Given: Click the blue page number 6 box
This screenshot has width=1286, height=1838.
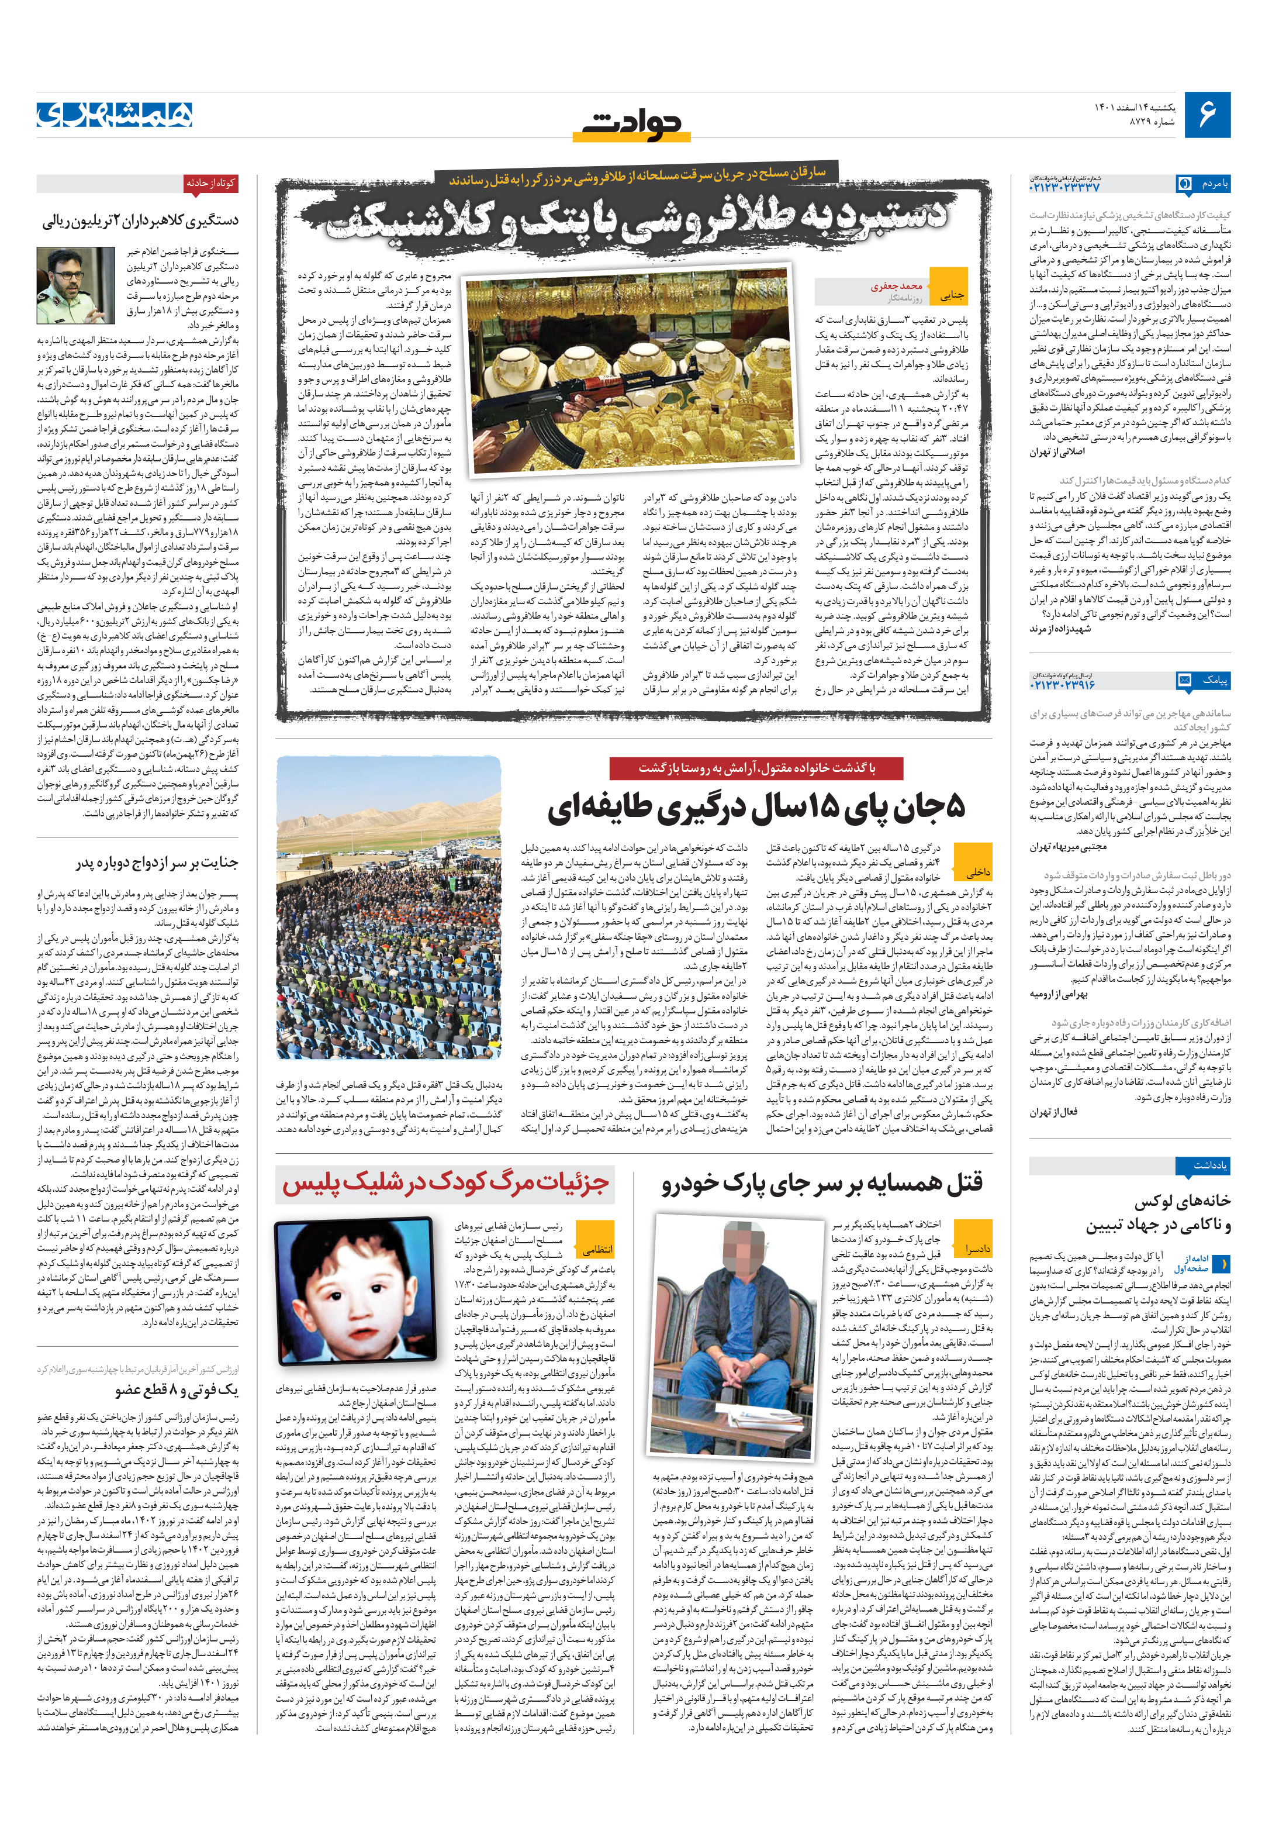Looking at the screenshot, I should pyautogui.click(x=1207, y=115).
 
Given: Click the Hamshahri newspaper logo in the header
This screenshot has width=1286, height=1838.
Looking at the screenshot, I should pyautogui.click(x=115, y=115).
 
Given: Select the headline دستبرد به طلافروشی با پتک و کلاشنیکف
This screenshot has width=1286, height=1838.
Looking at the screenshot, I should pyautogui.click(x=636, y=216).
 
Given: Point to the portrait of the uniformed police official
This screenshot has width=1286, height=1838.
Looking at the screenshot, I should pyautogui.click(x=75, y=285).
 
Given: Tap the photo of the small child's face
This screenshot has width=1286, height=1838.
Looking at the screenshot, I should pyautogui.click(x=355, y=1289).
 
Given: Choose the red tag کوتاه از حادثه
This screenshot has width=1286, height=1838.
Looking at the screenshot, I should pyautogui.click(x=210, y=183).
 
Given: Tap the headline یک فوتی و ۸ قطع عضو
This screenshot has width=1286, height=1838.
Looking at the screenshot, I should pyautogui.click(x=176, y=1389).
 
